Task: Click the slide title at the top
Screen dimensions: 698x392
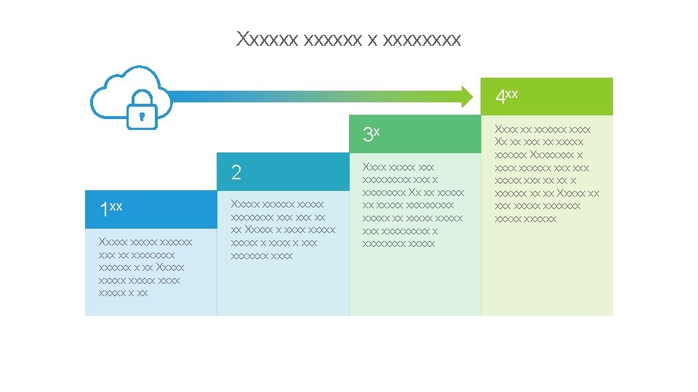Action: pyautogui.click(x=348, y=39)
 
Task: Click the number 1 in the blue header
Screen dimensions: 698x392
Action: pyautogui.click(x=104, y=211)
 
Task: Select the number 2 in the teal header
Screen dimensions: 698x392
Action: pyautogui.click(x=236, y=173)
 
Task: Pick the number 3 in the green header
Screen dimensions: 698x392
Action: pyautogui.click(x=367, y=134)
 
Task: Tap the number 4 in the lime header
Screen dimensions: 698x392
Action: pyautogui.click(x=500, y=97)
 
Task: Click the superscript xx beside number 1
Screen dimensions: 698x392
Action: pyautogui.click(x=116, y=207)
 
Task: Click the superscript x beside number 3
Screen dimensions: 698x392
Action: pyautogui.click(x=377, y=131)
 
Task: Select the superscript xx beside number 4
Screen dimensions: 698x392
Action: pyautogui.click(x=511, y=93)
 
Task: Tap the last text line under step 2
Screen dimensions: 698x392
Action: pyautogui.click(x=261, y=256)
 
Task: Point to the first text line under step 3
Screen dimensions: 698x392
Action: pyautogui.click(x=398, y=167)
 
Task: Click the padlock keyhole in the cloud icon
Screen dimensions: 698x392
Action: pyautogui.click(x=142, y=115)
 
